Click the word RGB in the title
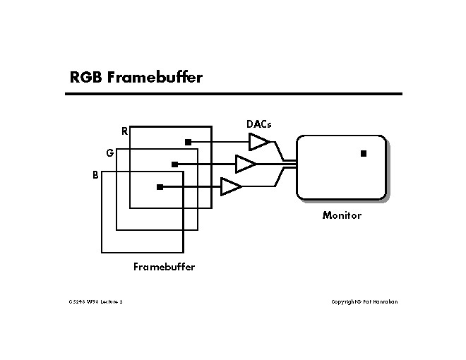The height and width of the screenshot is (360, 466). click(86, 77)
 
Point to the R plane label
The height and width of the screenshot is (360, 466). click(124, 131)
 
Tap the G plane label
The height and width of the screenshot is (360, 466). click(109, 152)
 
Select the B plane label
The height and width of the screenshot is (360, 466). click(95, 174)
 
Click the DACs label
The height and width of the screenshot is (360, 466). click(258, 124)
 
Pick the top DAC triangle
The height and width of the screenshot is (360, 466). click(258, 142)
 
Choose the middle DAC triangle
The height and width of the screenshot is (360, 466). click(244, 164)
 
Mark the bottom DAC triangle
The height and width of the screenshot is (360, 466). click(230, 187)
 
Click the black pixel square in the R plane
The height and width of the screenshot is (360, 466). click(188, 142)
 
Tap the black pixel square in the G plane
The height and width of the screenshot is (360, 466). click(174, 164)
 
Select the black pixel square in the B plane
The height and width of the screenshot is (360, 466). click(160, 187)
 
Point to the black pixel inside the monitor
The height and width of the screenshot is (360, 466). click(364, 153)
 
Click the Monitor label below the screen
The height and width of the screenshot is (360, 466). click(342, 215)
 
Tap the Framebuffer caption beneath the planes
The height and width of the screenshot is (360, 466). click(164, 267)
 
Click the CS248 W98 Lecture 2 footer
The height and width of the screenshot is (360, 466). click(96, 302)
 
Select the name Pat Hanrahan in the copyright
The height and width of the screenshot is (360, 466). click(382, 302)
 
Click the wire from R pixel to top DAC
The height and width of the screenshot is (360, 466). click(219, 142)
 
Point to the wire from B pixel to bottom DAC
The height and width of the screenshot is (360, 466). click(191, 187)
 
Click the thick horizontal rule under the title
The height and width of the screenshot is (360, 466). click(236, 93)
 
